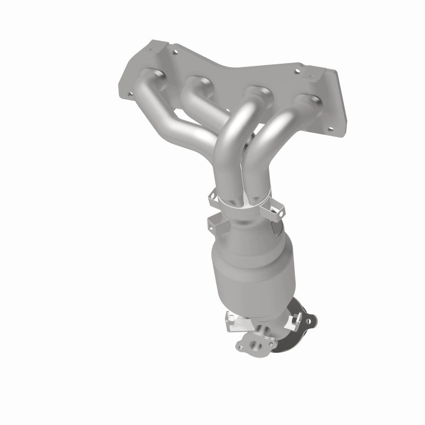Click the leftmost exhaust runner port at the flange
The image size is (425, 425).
[x=150, y=74]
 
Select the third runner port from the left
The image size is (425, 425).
[x=259, y=90]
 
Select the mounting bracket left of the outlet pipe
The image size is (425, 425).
[x=234, y=322]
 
